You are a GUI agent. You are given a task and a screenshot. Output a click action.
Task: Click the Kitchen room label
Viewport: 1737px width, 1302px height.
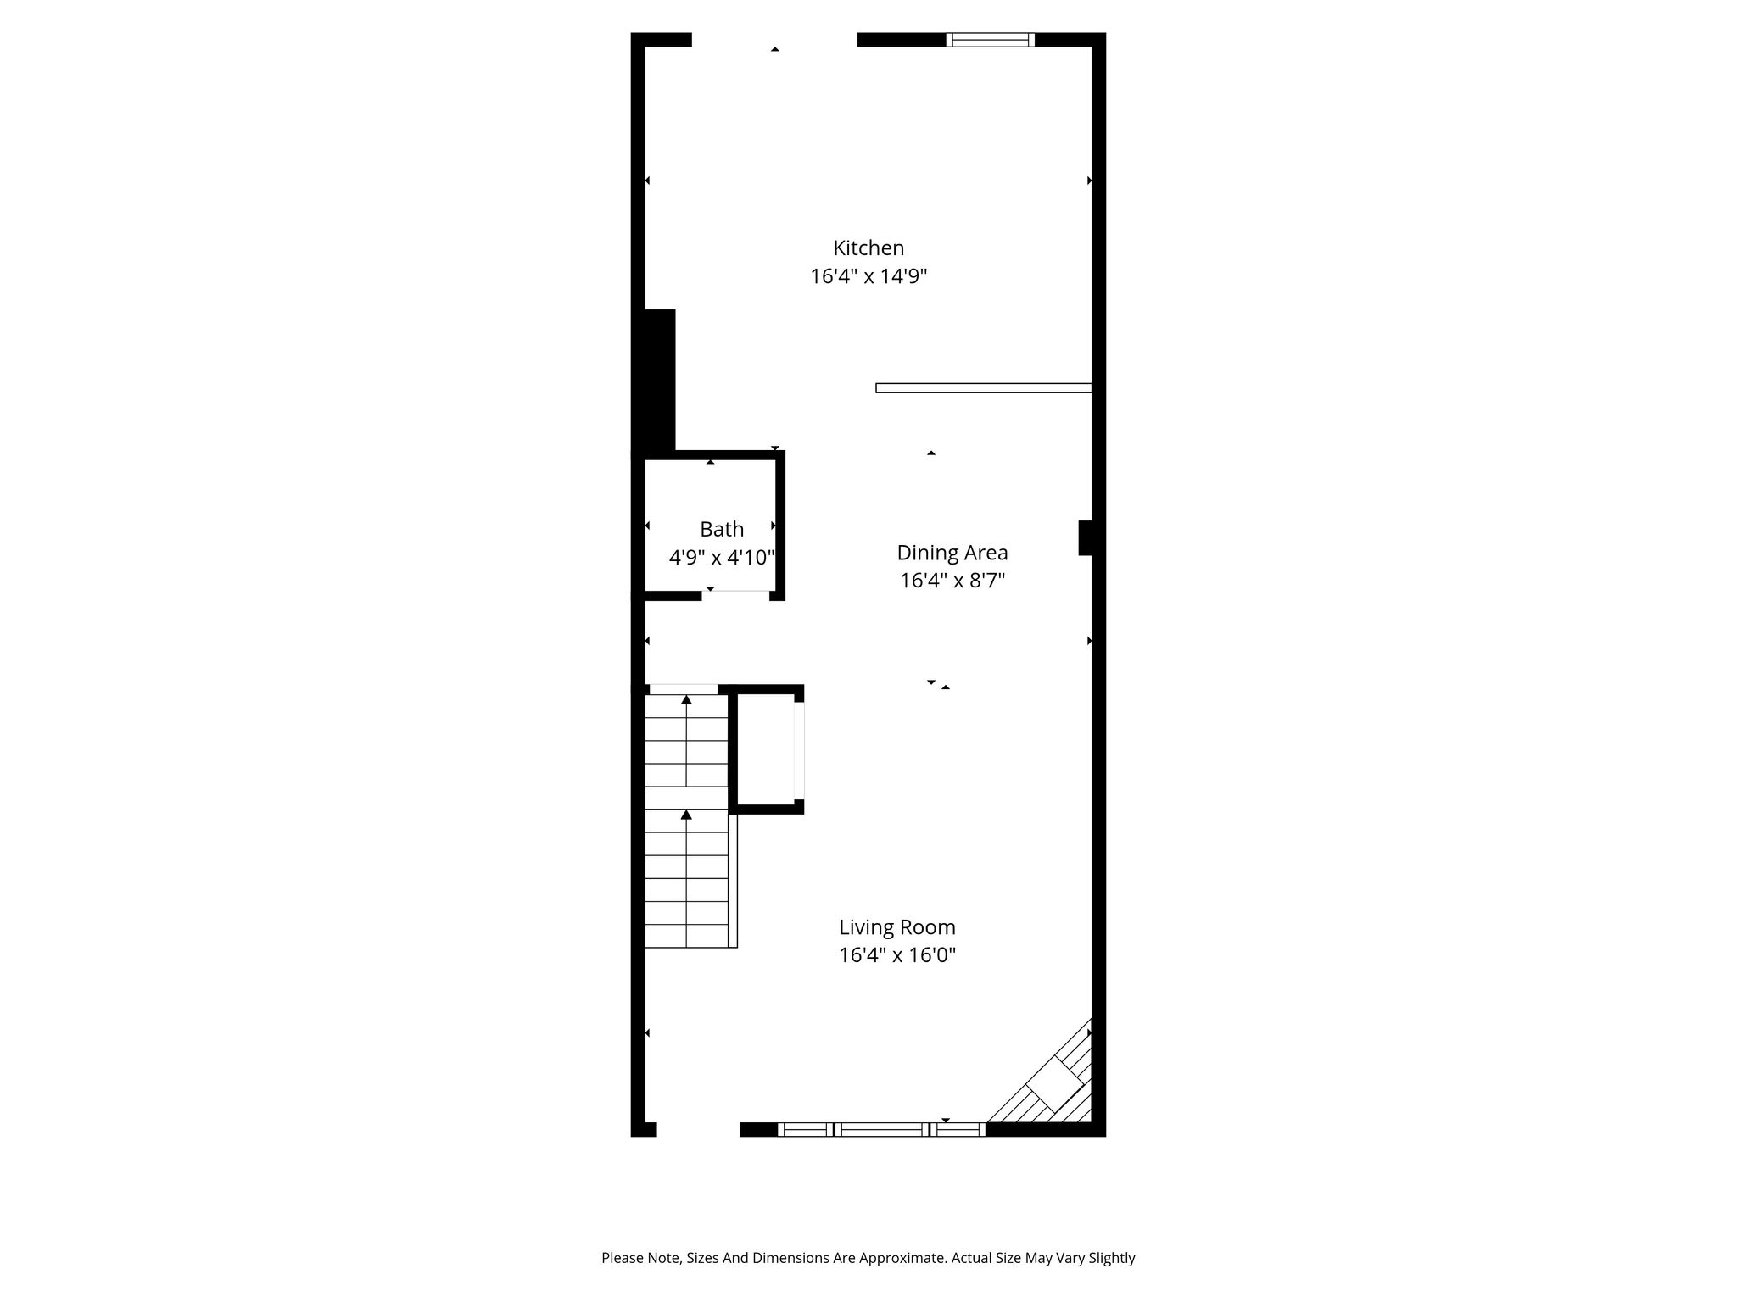click(x=868, y=248)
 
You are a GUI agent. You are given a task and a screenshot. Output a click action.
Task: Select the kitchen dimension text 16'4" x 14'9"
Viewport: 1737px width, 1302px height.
click(x=868, y=276)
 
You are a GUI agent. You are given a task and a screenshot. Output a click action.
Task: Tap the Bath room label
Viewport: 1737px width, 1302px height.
click(x=722, y=530)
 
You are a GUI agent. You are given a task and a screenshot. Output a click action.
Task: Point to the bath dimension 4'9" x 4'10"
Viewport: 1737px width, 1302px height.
click(x=722, y=558)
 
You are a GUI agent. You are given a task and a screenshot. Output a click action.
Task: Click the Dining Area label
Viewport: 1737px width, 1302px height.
click(x=952, y=554)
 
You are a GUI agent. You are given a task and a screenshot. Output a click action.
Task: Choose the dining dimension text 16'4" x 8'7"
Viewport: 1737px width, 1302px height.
click(x=952, y=581)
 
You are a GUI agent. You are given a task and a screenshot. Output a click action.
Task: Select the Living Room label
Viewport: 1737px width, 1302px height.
click(x=897, y=927)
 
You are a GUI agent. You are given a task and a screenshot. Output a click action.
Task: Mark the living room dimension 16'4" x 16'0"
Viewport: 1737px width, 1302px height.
click(x=897, y=955)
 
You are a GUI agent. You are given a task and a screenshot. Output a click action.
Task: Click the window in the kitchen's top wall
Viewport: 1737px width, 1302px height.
click(x=990, y=39)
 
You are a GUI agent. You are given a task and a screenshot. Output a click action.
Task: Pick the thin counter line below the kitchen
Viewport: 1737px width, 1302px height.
click(x=983, y=388)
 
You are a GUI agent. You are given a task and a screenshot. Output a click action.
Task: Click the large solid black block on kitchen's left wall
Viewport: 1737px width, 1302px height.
click(x=660, y=380)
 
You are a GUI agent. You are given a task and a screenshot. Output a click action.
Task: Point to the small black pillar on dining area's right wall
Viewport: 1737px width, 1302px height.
click(x=1085, y=538)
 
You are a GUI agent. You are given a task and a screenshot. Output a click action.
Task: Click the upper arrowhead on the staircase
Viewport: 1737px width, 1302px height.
click(x=686, y=699)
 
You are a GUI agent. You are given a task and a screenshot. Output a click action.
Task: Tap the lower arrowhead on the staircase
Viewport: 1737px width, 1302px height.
click(x=686, y=815)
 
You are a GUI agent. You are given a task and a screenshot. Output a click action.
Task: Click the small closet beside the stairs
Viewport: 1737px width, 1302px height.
click(x=767, y=749)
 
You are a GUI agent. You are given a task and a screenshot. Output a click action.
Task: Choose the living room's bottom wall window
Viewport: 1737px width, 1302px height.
click(x=881, y=1129)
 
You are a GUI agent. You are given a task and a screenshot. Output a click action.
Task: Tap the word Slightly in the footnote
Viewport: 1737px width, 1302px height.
click(x=1108, y=1259)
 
